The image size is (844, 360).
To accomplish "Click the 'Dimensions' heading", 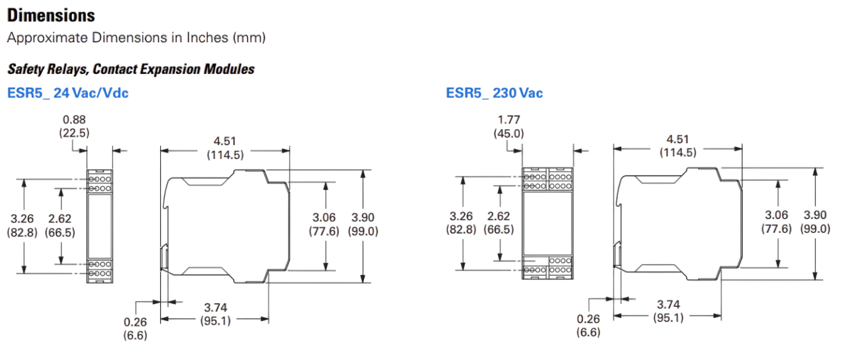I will pyautogui.click(x=50, y=15).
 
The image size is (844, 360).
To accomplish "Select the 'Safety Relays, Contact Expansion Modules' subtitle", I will pyautogui.click(x=131, y=69).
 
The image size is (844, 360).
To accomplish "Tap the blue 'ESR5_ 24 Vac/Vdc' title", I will pyautogui.click(x=68, y=94).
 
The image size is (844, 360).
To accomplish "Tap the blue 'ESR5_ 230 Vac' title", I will pyautogui.click(x=493, y=94).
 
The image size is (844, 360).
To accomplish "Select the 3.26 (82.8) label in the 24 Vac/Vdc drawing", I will pyautogui.click(x=22, y=225).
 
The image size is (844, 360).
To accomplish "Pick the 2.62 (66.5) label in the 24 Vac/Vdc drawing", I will pyautogui.click(x=60, y=225).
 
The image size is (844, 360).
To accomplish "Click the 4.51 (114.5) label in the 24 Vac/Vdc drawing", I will pyautogui.click(x=225, y=148).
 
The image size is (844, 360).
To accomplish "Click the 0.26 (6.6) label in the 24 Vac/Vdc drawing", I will pyautogui.click(x=136, y=328).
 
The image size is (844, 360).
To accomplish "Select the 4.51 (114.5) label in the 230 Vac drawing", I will pyautogui.click(x=678, y=146).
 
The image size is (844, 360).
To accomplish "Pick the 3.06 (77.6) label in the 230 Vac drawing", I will pyautogui.click(x=777, y=222).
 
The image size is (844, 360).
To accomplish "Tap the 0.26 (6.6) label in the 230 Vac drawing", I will pyautogui.click(x=588, y=326).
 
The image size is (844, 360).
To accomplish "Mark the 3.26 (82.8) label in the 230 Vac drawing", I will pyautogui.click(x=462, y=223).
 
